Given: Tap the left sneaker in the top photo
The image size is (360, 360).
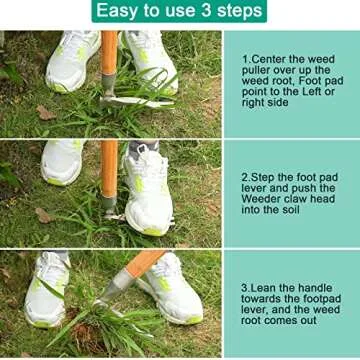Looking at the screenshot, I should (72, 62).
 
